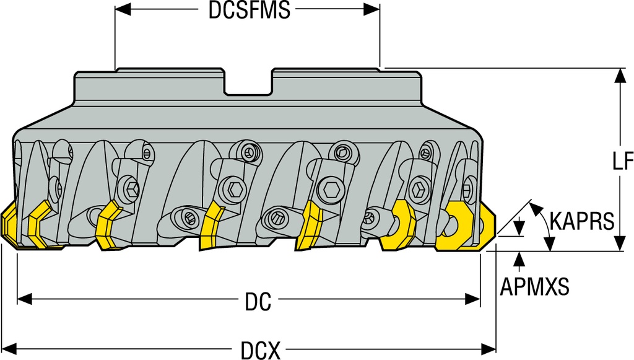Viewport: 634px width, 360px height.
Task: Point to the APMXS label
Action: pyautogui.click(x=534, y=286)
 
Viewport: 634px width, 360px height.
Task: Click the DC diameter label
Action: pyautogui.click(x=258, y=302)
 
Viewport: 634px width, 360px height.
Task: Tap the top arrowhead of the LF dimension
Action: pyautogui.click(x=620, y=76)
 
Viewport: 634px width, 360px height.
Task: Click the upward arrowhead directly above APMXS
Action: pyautogui.click(x=519, y=258)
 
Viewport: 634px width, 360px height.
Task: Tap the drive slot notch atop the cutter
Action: pyautogui.click(x=248, y=84)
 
